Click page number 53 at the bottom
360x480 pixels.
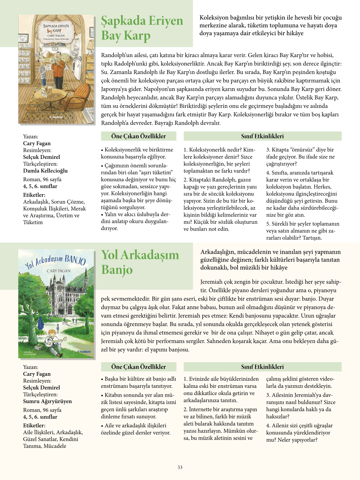coord(180,467)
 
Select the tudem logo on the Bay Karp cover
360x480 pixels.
coord(56,117)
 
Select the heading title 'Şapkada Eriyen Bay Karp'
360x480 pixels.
coord(142,28)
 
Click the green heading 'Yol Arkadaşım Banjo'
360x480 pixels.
coord(140,262)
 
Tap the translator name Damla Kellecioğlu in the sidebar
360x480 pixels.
coord(45,171)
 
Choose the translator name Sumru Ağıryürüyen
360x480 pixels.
coord(47,401)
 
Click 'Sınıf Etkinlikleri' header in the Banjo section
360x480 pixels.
coord(262,367)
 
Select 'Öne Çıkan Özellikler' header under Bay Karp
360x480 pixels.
coord(138,136)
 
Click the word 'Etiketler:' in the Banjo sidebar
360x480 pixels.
coord(34,425)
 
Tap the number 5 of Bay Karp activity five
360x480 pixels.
coord(268,224)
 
